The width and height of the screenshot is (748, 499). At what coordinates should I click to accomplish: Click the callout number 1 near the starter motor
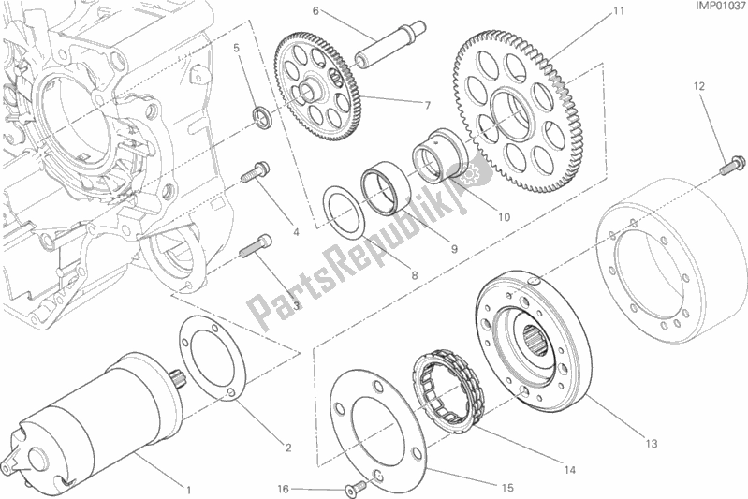click(x=190, y=488)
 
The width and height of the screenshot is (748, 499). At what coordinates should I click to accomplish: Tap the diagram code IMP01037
click(x=713, y=9)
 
